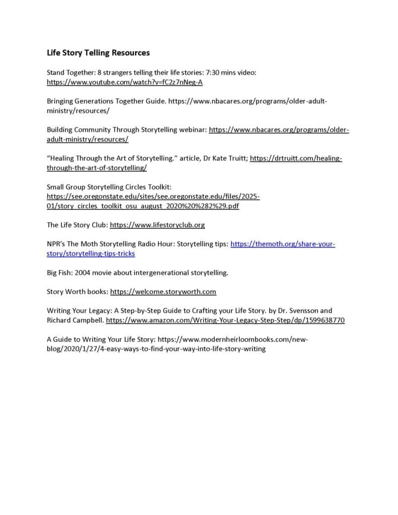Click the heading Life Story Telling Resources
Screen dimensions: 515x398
98,52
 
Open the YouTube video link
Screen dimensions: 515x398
124,81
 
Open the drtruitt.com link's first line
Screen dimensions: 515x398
296,158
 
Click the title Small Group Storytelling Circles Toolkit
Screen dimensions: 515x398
109,187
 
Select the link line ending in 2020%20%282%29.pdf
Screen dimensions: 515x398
143,206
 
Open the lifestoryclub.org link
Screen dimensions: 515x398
157,225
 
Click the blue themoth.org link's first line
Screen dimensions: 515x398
282,244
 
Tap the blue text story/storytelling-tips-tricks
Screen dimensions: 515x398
91,253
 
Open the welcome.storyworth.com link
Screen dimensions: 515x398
163,292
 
